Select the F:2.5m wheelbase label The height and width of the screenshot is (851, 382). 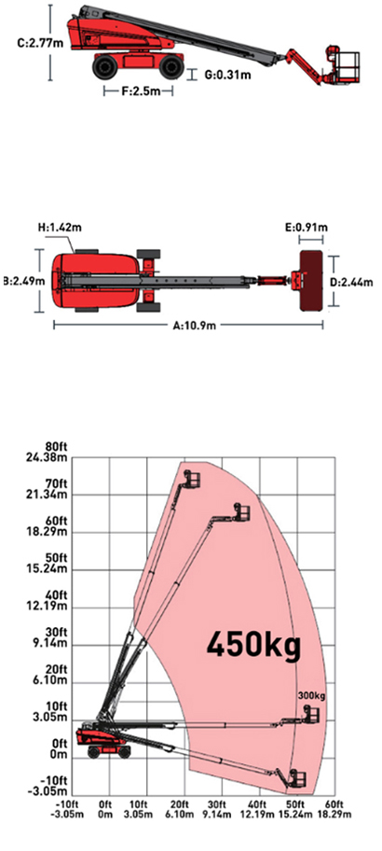(x=139, y=91)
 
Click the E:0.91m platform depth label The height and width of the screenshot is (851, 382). (x=312, y=227)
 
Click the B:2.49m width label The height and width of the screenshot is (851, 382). (x=18, y=282)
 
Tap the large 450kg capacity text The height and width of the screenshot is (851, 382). (x=253, y=646)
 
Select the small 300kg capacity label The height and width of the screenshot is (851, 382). (x=311, y=696)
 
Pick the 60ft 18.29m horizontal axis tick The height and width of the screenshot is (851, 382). (x=334, y=809)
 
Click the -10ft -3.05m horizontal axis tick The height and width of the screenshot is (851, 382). (x=72, y=809)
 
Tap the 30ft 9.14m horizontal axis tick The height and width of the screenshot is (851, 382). (x=222, y=809)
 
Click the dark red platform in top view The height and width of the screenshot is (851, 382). (x=311, y=281)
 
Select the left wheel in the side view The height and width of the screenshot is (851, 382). (x=104, y=66)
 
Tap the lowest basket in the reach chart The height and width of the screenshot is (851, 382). (x=297, y=777)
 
